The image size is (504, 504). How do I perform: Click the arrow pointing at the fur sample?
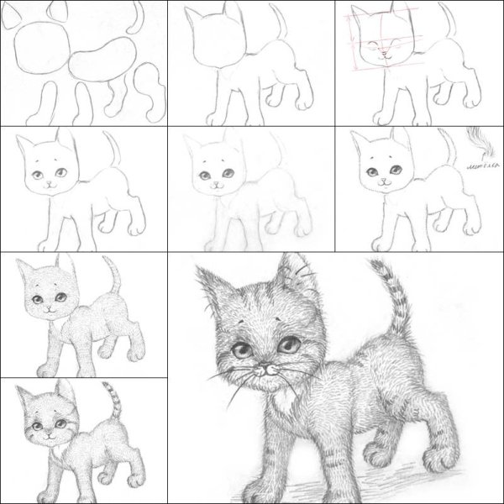(x=475, y=156)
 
